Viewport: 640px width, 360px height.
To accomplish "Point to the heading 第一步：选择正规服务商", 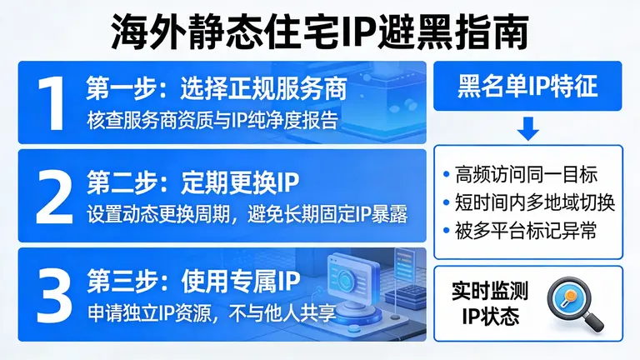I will [216, 88].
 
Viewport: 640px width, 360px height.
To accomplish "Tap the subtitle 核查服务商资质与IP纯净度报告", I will [212, 119].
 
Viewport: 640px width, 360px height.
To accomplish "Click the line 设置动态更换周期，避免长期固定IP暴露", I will [247, 213].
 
